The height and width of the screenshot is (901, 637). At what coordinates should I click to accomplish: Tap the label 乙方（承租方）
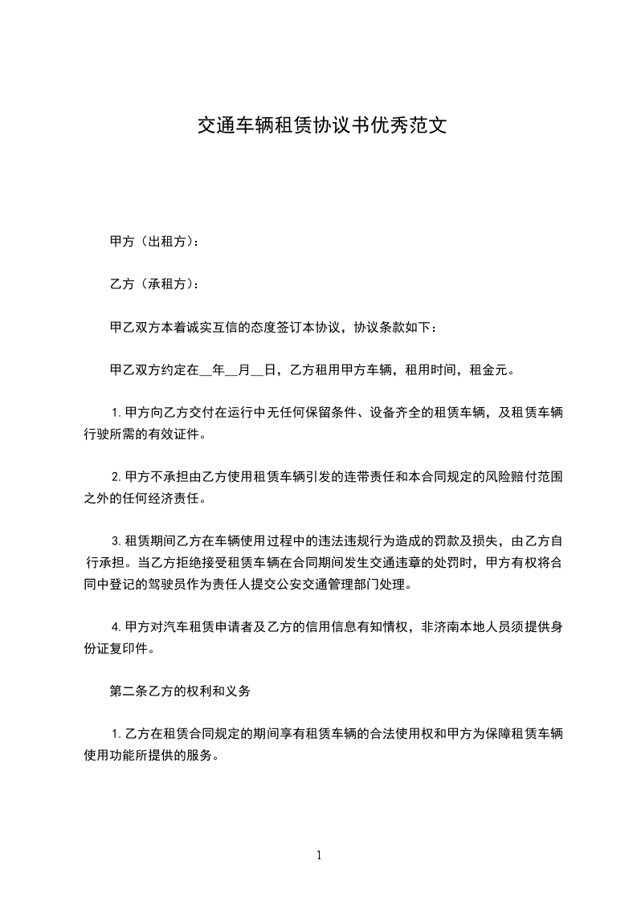[152, 284]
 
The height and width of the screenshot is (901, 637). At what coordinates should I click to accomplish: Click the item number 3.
[116, 540]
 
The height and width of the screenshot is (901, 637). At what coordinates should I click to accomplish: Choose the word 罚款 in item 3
[436, 540]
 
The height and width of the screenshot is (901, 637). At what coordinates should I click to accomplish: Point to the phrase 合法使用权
[388, 733]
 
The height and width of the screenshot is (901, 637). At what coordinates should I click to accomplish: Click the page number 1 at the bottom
[319, 856]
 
